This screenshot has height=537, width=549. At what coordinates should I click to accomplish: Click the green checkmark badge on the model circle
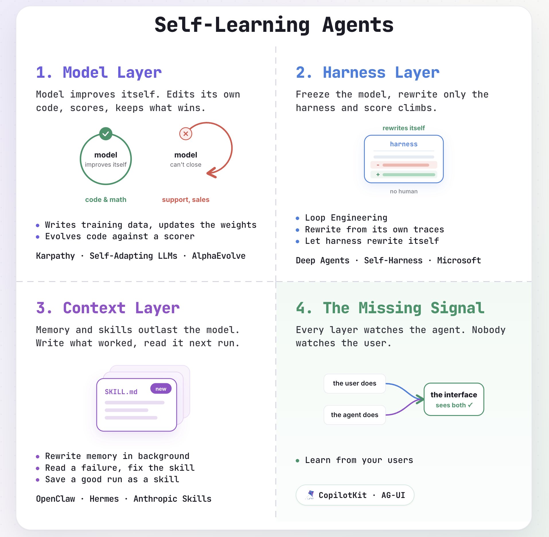click(106, 134)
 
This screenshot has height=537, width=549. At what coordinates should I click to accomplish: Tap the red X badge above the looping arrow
click(186, 134)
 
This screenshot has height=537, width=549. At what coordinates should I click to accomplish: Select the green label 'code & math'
click(106, 200)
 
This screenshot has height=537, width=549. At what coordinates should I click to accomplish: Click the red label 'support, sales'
click(186, 200)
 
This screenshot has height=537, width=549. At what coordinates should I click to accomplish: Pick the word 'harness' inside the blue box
click(404, 144)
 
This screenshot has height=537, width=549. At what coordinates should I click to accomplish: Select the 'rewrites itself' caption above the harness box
click(404, 128)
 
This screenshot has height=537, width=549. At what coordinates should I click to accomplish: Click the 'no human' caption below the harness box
click(404, 191)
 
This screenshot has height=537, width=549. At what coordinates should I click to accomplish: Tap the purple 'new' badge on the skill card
click(161, 389)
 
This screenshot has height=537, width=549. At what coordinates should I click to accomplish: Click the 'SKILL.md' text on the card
click(121, 392)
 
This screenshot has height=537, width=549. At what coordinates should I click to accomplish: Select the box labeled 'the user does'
click(355, 384)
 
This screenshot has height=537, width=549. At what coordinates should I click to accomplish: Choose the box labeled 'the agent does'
click(355, 415)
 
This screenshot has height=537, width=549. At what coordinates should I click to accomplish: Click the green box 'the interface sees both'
click(454, 399)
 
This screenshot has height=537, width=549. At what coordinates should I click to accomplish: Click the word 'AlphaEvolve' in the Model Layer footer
click(219, 256)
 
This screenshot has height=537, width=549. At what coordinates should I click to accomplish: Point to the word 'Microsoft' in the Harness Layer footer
click(459, 260)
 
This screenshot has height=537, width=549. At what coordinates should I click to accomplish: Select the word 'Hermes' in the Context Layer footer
click(104, 499)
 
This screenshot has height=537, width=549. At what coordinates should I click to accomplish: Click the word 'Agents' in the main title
click(358, 25)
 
